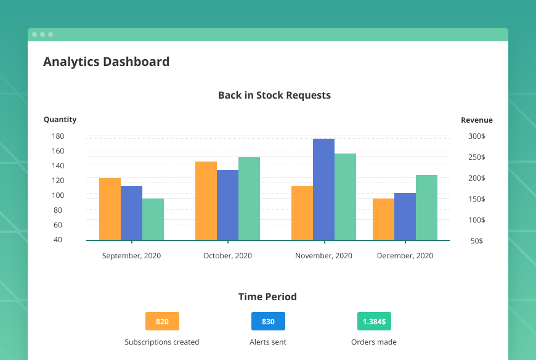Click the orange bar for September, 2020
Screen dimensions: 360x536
tap(110, 210)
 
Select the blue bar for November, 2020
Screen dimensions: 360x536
tap(323, 190)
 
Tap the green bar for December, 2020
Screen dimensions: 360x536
tap(426, 208)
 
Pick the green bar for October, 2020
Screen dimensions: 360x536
tap(249, 198)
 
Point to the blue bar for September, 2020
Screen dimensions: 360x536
tap(132, 213)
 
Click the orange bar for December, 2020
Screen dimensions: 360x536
tap(383, 219)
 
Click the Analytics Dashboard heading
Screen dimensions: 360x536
tap(106, 62)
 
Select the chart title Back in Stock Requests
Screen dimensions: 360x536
tap(274, 96)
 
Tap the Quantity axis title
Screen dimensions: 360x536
tap(60, 120)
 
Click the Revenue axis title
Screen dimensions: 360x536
tap(476, 120)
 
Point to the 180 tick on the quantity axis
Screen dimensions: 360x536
tap(58, 136)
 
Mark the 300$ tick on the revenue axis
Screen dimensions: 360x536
tap(476, 136)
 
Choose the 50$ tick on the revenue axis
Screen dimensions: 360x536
tap(476, 241)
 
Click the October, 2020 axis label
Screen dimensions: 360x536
tap(227, 256)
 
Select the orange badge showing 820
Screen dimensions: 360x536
tap(162, 322)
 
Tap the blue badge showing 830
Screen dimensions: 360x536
tap(268, 322)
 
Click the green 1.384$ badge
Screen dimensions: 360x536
tap(374, 322)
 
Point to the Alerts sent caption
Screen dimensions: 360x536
tap(268, 342)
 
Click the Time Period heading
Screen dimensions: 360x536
tap(267, 297)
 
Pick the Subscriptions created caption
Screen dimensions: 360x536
tap(162, 342)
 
